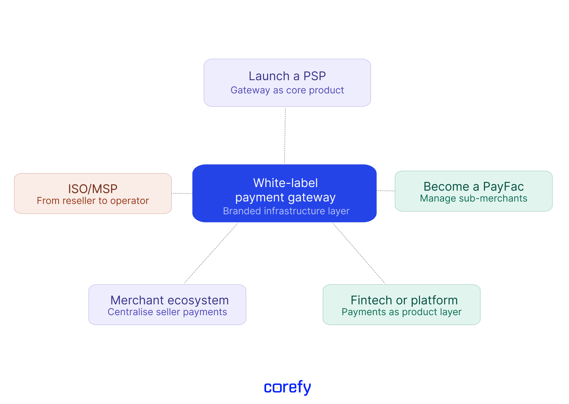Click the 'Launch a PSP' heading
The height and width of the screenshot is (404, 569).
click(287, 76)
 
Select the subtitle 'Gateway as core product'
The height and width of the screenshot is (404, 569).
click(287, 90)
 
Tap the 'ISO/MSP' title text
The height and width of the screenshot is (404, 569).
click(93, 189)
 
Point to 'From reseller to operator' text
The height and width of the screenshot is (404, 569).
click(93, 201)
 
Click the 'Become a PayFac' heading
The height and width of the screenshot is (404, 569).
click(473, 186)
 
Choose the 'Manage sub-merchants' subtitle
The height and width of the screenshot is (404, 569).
click(473, 198)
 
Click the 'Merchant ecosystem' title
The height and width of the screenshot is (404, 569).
click(170, 300)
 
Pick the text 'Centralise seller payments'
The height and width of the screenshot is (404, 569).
click(167, 312)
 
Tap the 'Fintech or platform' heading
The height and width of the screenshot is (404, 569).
click(404, 300)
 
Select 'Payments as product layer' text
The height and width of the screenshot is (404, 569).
click(401, 312)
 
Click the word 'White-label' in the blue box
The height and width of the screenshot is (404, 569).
click(285, 183)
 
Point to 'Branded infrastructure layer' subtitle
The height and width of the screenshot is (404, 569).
click(286, 211)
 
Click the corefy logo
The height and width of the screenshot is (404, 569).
click(287, 387)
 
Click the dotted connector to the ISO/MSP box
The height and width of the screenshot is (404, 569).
click(182, 193)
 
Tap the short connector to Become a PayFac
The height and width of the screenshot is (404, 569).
click(386, 191)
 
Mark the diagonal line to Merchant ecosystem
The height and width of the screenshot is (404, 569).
click(211, 253)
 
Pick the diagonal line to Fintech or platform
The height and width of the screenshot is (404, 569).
click(359, 253)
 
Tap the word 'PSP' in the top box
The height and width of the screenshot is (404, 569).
click(314, 76)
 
